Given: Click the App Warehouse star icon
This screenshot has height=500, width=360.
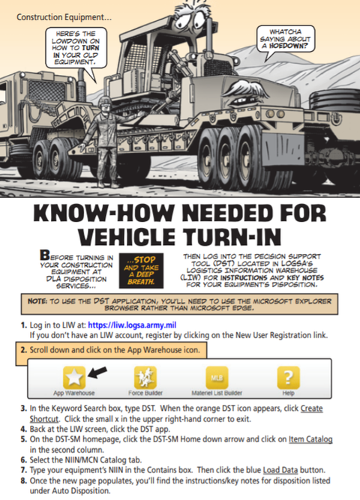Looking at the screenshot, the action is point(74,378).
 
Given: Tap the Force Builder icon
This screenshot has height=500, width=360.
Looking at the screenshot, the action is point(145,378).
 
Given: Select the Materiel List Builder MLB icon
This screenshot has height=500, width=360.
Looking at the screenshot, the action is point(217,378).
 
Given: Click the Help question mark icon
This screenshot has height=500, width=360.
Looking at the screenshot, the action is point(288,378).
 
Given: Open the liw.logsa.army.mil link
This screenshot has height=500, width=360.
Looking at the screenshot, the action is point(132,325).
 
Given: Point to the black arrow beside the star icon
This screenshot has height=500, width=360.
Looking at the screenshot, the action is point(97,372).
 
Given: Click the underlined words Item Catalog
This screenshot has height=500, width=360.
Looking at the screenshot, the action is point(310,439).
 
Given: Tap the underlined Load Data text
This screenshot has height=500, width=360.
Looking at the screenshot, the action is point(280,470).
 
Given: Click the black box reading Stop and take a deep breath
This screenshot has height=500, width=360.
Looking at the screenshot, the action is point(141,271).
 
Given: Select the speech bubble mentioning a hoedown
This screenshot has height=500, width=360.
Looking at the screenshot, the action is point(286,39).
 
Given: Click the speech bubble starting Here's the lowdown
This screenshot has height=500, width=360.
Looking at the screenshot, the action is point(76,48).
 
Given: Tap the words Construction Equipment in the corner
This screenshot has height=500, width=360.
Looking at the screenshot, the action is point(64,17).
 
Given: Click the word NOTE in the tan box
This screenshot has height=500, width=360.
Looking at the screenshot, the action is point(37,301).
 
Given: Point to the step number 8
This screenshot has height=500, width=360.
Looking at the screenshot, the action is point(23,481).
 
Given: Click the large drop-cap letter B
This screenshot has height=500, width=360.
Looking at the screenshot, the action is point(45,255).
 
